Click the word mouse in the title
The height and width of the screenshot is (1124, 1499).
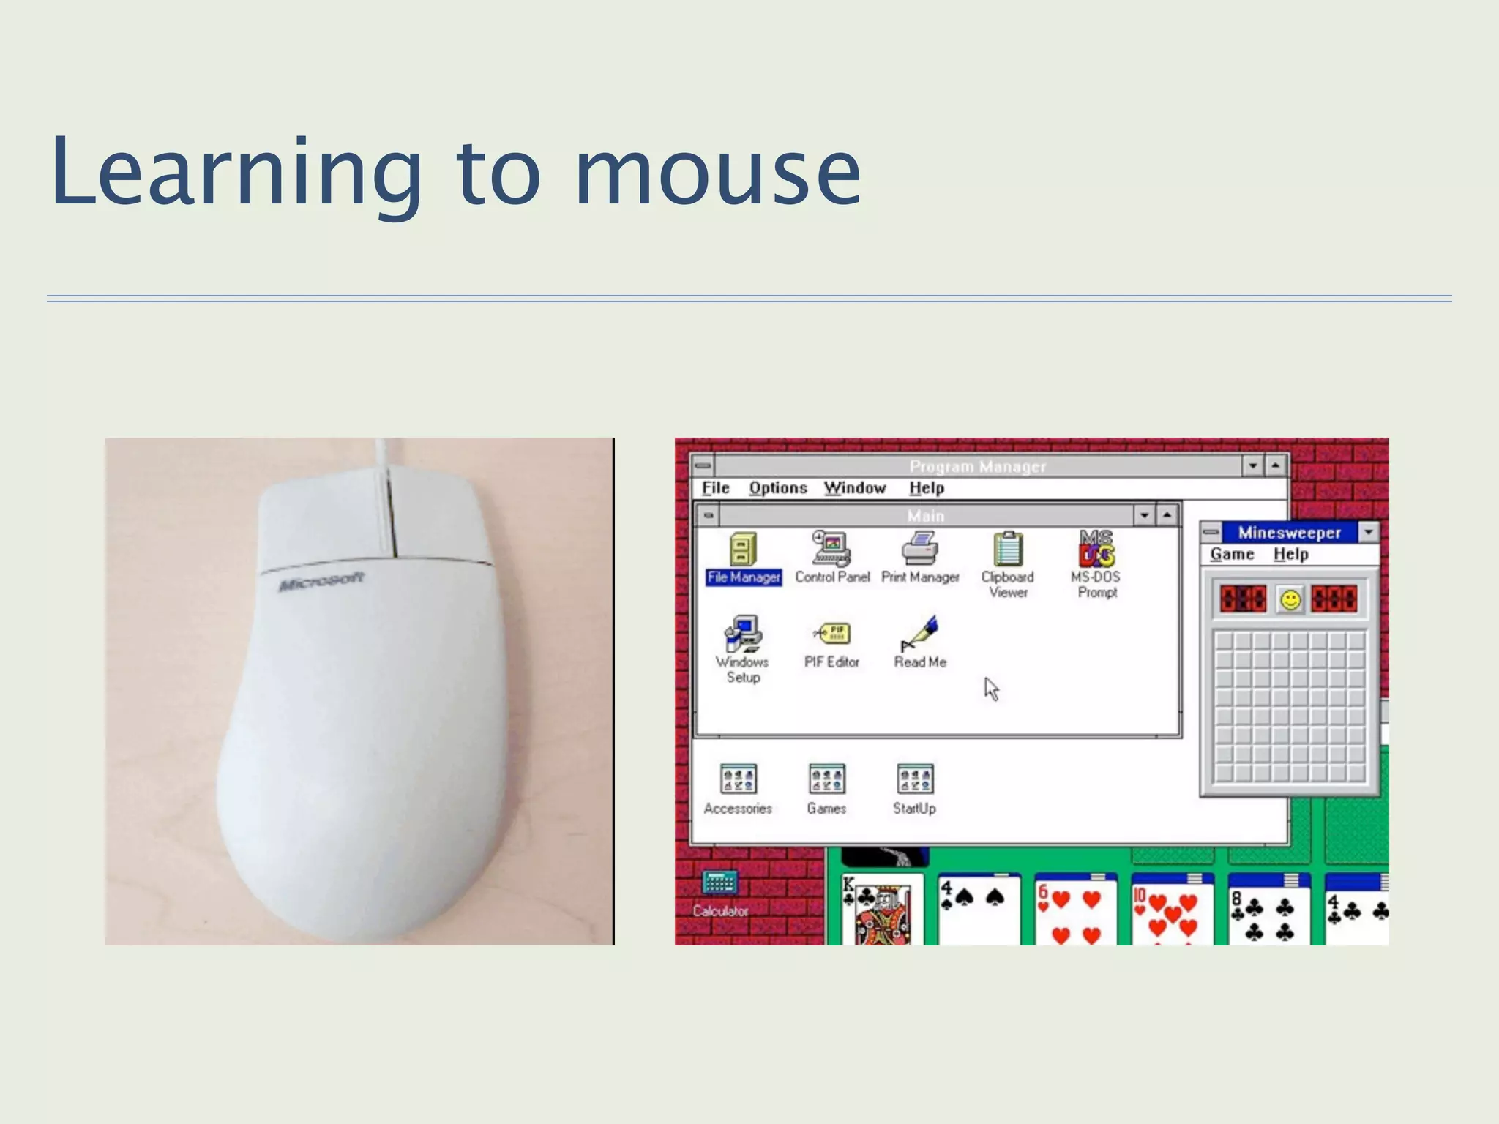[x=717, y=176]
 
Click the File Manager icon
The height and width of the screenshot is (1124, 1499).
[x=743, y=550]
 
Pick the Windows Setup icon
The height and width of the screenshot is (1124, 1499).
[x=743, y=634]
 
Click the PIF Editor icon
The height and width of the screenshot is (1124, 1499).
[x=831, y=634]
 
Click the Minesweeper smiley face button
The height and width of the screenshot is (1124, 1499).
[x=1290, y=600]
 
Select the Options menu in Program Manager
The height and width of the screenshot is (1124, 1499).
[x=777, y=488]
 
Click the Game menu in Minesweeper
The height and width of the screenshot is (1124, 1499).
[x=1232, y=555]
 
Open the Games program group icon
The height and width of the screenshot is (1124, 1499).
[x=826, y=780]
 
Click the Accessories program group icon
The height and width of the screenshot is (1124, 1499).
[x=738, y=780]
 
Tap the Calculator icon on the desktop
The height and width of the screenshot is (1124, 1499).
[x=719, y=884]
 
